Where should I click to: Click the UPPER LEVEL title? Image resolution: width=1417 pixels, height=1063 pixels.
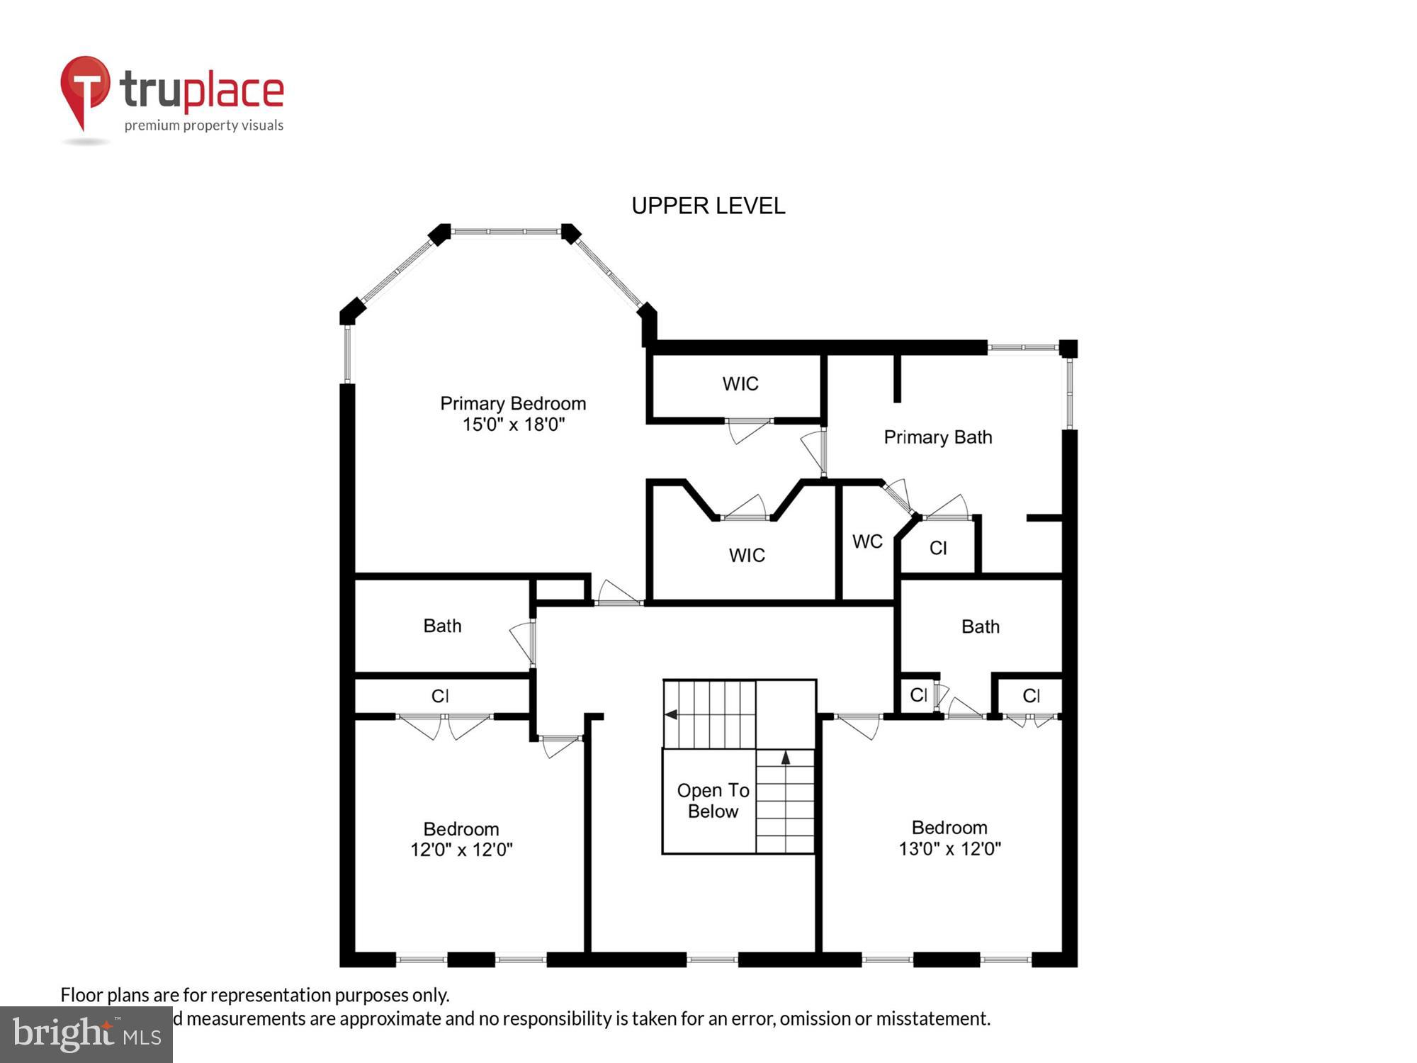[x=708, y=206]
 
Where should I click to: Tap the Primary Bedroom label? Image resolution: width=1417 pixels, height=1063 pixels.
[x=513, y=403]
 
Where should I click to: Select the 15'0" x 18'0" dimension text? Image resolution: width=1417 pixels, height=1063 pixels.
[x=513, y=424]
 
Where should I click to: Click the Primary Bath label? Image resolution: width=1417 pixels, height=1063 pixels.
[x=937, y=437]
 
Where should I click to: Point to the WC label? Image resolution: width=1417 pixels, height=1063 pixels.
[x=867, y=541]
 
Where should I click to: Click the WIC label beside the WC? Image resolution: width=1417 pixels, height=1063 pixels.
[x=747, y=555]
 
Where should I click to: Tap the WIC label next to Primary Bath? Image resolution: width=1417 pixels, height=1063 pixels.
[x=740, y=383]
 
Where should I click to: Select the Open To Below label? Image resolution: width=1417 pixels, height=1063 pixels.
[x=713, y=801]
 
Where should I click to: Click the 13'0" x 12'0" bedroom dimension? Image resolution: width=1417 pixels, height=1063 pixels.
[x=949, y=848]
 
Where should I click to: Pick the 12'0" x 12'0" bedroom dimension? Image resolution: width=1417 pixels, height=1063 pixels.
[x=461, y=850]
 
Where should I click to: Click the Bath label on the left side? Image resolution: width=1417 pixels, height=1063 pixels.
[x=442, y=626]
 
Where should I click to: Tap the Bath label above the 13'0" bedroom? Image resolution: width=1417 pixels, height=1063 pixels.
[x=980, y=626]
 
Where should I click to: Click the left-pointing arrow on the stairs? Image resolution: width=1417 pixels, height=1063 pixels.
[x=671, y=714]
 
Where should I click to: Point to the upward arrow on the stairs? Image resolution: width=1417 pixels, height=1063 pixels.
[x=785, y=758]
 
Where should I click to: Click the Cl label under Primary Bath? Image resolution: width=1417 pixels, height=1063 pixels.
[x=938, y=548]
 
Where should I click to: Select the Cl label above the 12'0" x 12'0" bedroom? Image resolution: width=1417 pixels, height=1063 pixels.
[x=440, y=696]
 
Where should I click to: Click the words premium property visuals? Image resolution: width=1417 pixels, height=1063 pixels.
[x=204, y=125]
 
